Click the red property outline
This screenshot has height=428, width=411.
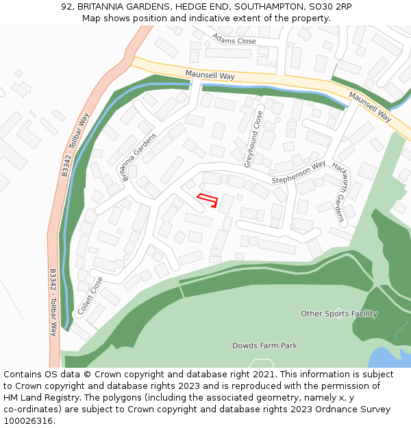point(208,200)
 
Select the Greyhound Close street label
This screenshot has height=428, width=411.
point(253,139)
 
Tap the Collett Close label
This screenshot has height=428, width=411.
point(90,295)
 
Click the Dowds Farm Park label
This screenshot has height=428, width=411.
point(264,346)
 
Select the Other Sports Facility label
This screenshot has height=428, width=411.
point(339,314)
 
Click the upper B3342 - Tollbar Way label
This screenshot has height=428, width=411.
point(75,145)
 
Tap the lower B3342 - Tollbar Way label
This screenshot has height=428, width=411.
point(53,301)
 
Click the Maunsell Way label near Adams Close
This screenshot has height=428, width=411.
point(210,75)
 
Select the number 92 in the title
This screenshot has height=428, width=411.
point(66,6)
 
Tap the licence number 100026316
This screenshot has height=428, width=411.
point(29,420)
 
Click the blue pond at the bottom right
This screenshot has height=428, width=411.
point(390,357)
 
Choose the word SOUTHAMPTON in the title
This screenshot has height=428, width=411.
point(264,6)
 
